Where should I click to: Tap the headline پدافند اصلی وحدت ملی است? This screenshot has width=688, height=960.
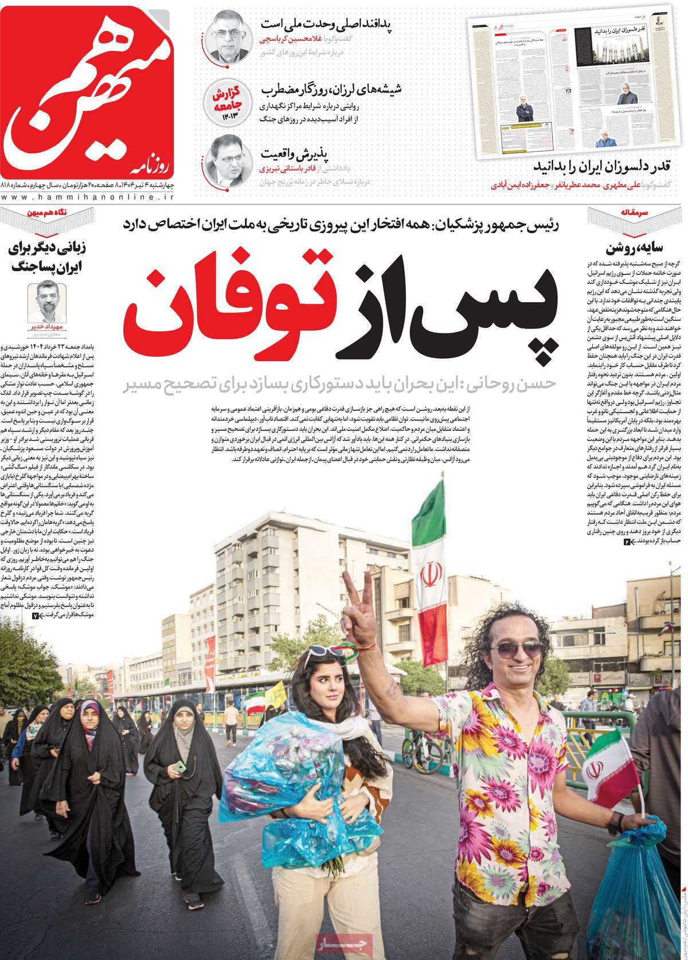point(331,25)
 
